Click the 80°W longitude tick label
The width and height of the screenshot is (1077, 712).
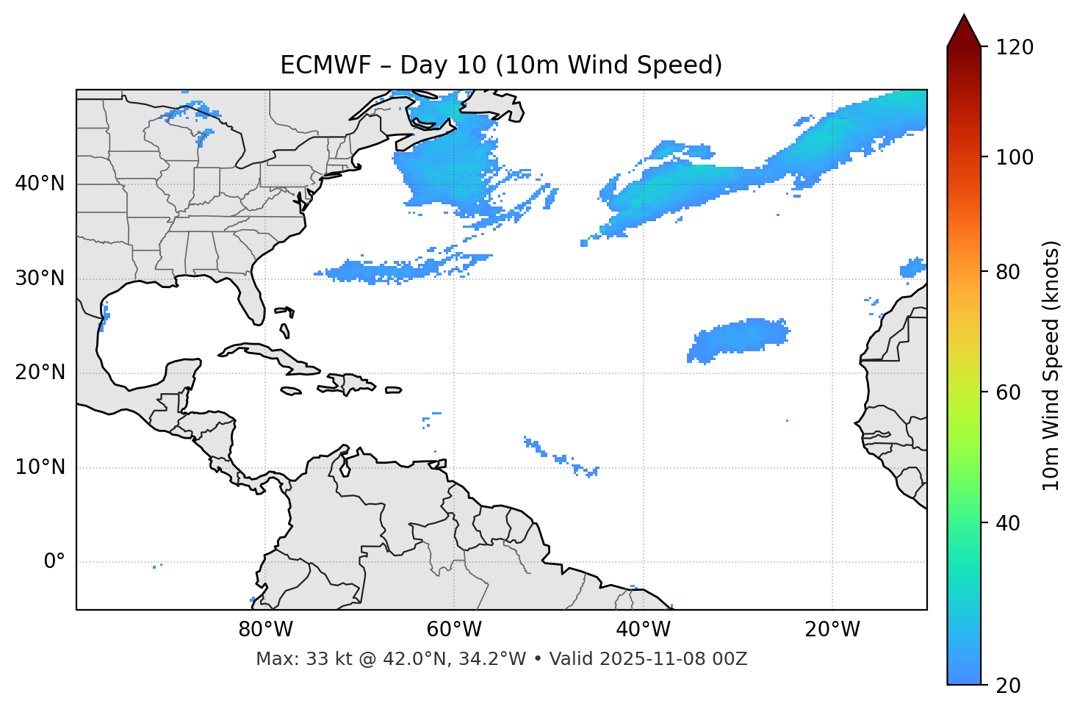[x=265, y=630]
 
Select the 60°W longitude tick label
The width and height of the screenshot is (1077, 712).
[x=454, y=630]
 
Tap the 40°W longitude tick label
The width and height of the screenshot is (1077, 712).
[x=643, y=630]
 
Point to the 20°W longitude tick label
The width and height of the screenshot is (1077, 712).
[x=832, y=630]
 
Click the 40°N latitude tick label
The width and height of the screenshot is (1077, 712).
[x=40, y=184]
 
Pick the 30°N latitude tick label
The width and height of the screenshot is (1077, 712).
[x=40, y=278]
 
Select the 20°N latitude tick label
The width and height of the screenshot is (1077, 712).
[x=40, y=373]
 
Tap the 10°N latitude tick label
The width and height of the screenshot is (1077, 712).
[x=40, y=467]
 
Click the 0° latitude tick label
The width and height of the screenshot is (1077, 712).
[x=54, y=562]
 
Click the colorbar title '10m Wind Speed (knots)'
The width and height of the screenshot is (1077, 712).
[x=1051, y=365]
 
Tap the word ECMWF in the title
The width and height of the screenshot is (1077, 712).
[x=324, y=65]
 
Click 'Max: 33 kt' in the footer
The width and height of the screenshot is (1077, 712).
[x=289, y=659]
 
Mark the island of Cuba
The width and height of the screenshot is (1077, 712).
[x=272, y=354]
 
